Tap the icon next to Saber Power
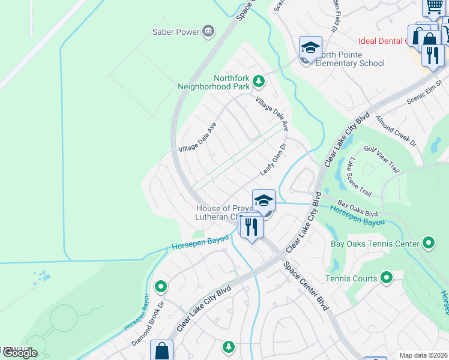[208, 31]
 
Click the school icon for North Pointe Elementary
[310, 47]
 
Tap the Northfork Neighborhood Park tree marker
[258, 80]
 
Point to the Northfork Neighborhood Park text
[214, 82]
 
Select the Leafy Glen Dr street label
[274, 159]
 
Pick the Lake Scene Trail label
[359, 177]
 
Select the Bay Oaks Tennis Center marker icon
[428, 244]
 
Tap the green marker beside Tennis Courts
[387, 278]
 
